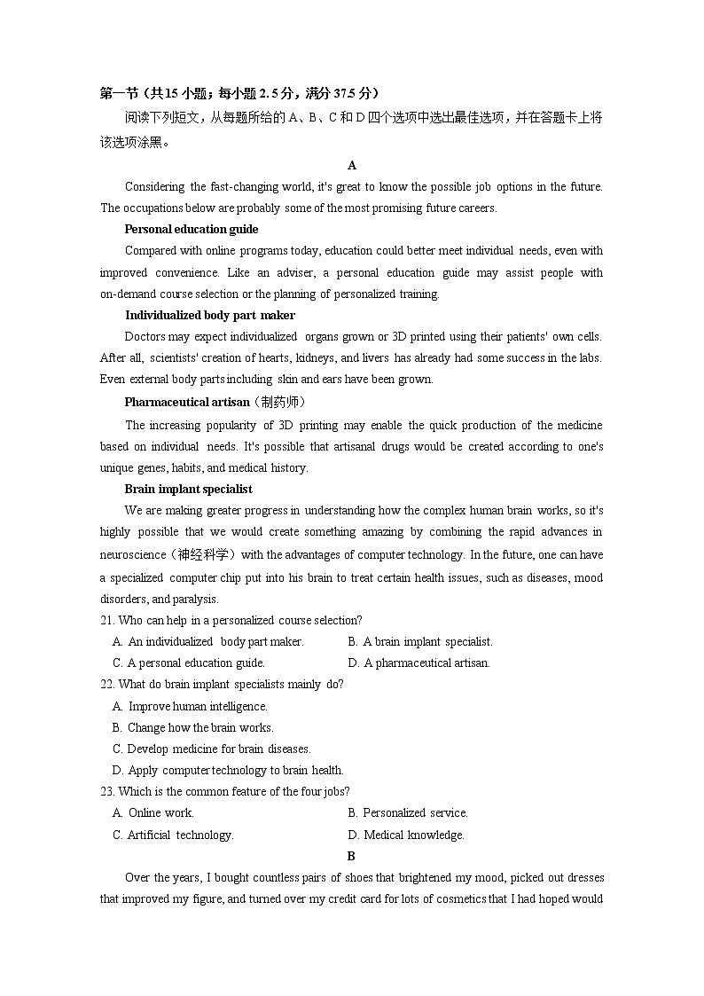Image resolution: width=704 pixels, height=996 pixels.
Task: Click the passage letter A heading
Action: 352,165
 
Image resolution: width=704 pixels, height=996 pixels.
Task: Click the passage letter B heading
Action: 351,856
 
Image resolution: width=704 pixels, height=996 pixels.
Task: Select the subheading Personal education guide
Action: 192,230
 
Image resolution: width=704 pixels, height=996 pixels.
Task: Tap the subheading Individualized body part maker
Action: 210,315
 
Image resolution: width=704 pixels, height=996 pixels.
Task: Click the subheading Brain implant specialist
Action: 188,489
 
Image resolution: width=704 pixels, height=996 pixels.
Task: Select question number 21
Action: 107,620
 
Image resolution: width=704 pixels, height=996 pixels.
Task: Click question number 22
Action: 107,684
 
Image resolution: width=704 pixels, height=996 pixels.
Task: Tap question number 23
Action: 107,791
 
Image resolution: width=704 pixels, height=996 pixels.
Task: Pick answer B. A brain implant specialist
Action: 420,641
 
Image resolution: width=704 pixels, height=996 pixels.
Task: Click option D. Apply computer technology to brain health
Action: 228,770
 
